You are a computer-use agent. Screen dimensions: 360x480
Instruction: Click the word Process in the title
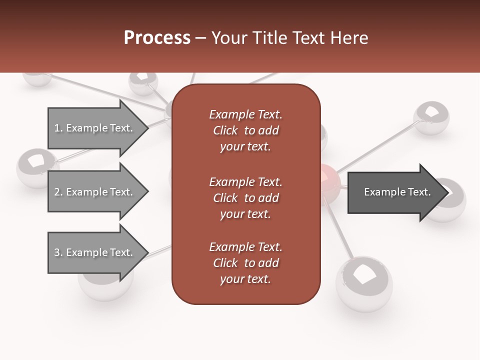coord(157,38)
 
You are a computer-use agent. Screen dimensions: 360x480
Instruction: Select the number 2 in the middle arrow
coord(57,192)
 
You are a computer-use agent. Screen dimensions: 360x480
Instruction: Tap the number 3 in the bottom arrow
coord(57,252)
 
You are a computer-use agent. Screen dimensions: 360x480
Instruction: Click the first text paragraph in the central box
coord(245,130)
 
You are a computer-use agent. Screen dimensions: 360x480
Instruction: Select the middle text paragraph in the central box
coord(245,198)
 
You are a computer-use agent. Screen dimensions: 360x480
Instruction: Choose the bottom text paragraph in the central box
coord(245,263)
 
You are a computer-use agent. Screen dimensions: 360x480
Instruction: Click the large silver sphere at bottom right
coord(364,282)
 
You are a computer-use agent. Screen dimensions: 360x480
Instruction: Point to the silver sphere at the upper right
coord(431,117)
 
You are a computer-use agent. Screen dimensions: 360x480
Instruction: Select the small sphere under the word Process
coord(143,82)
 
